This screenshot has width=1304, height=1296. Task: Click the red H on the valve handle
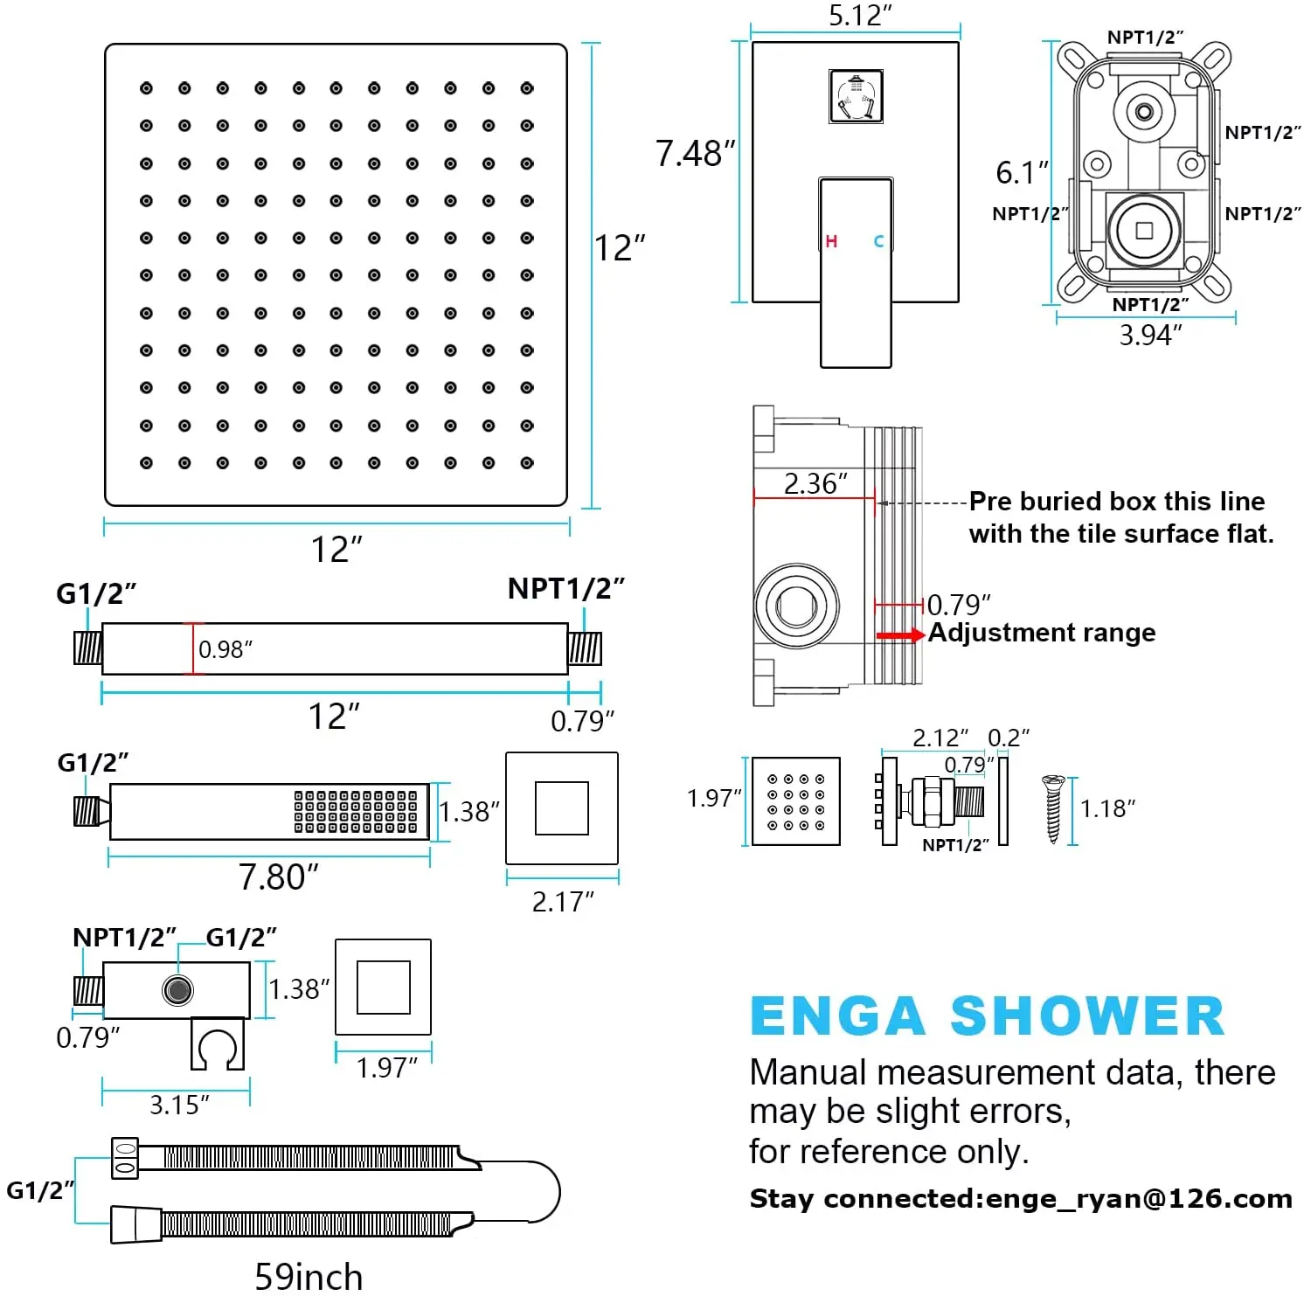(x=831, y=241)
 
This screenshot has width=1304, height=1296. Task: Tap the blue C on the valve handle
(x=878, y=241)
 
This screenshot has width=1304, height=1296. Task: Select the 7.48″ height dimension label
(x=695, y=154)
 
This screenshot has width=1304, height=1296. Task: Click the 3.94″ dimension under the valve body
(x=1150, y=335)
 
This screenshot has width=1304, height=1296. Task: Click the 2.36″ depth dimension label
(x=815, y=483)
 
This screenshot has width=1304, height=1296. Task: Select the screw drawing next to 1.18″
(x=1052, y=808)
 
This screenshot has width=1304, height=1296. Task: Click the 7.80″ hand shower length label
(x=279, y=877)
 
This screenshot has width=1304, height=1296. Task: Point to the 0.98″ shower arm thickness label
(x=225, y=649)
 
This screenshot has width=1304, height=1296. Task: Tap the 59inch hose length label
(x=309, y=1277)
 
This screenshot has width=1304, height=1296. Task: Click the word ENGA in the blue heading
(x=837, y=1016)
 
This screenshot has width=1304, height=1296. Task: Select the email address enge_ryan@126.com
(x=1139, y=1199)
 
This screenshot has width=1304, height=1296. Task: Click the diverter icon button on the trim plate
(x=856, y=96)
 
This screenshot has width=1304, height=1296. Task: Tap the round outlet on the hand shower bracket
(x=177, y=990)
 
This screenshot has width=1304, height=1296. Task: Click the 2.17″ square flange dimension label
(x=562, y=901)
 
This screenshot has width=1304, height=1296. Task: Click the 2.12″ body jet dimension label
(x=940, y=738)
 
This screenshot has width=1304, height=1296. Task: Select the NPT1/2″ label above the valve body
(x=1145, y=38)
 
